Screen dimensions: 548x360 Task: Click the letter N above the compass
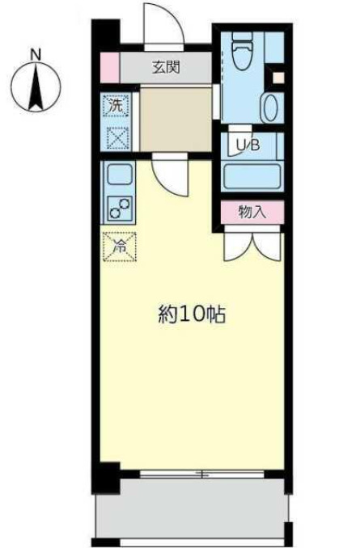pos(35,54)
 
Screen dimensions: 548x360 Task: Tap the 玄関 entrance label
pos(167,67)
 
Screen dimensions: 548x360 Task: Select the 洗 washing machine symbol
pos(116,105)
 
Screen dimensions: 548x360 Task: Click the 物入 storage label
pos(252,212)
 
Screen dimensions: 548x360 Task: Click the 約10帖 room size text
pos(191,314)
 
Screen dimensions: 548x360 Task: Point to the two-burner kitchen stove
pos(119,208)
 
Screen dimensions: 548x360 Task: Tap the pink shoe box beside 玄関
pos(110,67)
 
